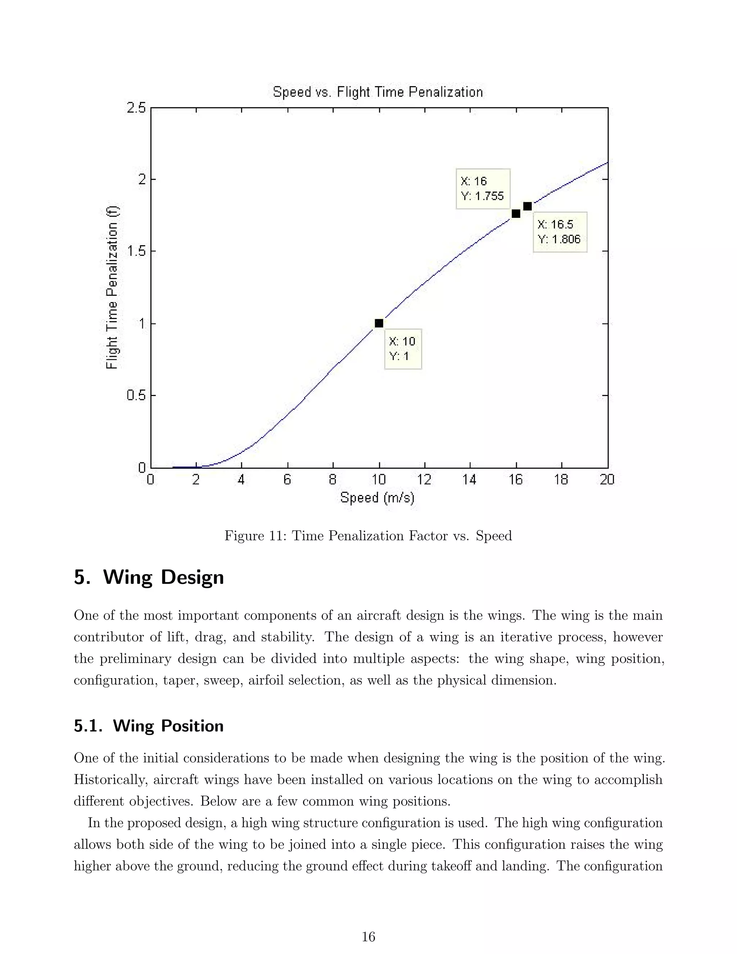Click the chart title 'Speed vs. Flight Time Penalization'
377,92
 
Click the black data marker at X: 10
379,323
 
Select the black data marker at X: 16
516,213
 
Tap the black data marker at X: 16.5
528,206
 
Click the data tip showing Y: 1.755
483,189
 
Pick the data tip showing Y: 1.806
560,232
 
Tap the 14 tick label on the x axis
470,480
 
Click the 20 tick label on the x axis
607,480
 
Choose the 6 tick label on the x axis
287,480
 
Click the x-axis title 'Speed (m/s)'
377,498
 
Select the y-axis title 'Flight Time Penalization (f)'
112,287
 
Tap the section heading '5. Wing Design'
149,577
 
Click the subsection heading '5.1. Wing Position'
149,726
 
